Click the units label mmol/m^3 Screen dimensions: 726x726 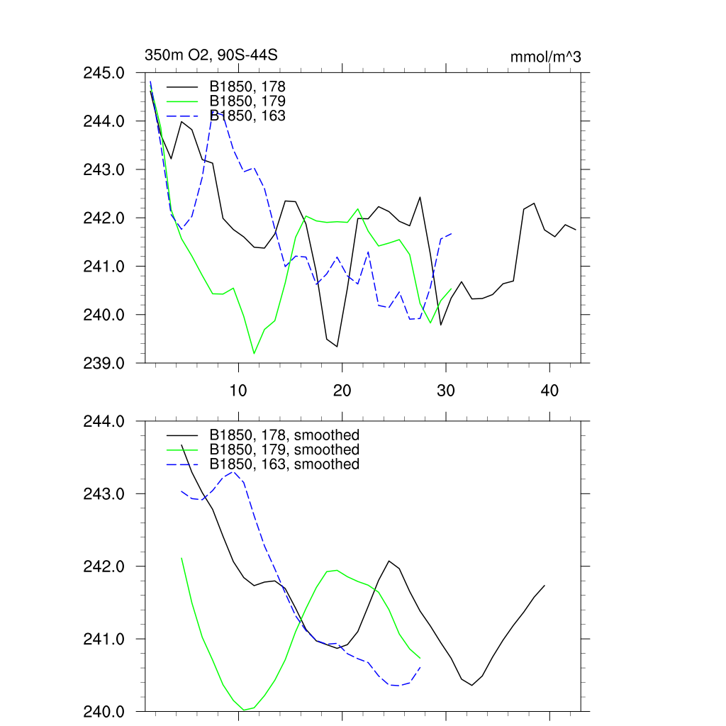point(545,57)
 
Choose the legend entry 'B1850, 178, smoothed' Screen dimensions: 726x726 point(284,435)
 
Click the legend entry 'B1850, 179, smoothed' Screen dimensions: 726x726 point(284,449)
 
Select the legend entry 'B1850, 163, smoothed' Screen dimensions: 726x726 point(284,464)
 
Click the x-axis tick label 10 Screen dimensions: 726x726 point(238,391)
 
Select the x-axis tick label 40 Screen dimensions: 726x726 point(549,391)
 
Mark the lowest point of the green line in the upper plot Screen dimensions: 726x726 point(254,353)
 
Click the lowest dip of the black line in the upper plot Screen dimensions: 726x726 point(337,347)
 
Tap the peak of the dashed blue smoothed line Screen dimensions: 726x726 point(233,471)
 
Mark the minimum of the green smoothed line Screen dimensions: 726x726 point(244,710)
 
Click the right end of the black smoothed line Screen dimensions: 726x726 point(544,585)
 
